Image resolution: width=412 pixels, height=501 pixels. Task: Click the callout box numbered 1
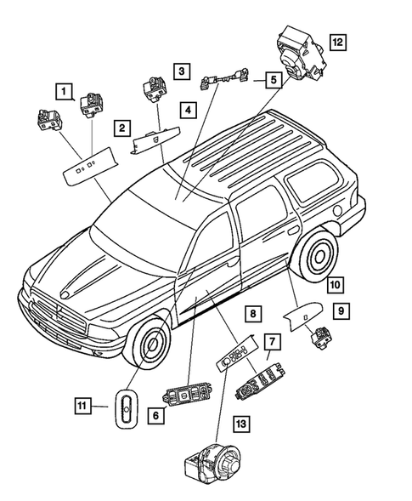[x=65, y=88]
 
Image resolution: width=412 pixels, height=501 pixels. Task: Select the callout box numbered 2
[x=123, y=128]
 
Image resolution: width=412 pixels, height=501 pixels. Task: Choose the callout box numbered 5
[x=272, y=81]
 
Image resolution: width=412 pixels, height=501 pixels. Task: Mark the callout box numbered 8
[x=253, y=315]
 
